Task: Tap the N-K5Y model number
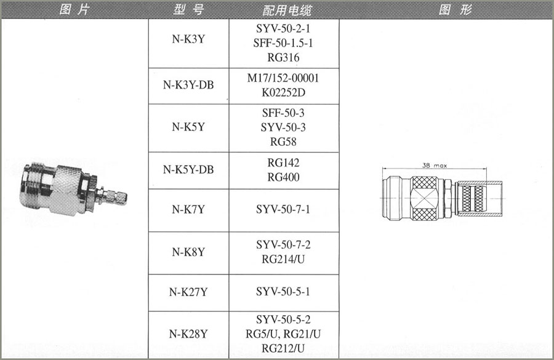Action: tap(188, 127)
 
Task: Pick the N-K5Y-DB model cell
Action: tap(188, 170)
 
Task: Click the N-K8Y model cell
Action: tap(188, 252)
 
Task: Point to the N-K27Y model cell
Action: tap(188, 292)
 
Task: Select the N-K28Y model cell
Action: tap(188, 334)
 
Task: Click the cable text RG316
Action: tap(283, 58)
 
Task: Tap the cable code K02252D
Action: tap(283, 92)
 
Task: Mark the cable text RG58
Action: tap(283, 142)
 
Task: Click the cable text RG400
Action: tap(283, 177)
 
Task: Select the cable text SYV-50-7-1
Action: tap(283, 209)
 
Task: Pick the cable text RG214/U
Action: tap(283, 259)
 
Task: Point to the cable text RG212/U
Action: tap(283, 348)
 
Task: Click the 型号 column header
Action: tap(189, 10)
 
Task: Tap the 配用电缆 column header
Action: tap(287, 10)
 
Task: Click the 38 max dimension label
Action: tap(435, 166)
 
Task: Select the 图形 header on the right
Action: tap(455, 10)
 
